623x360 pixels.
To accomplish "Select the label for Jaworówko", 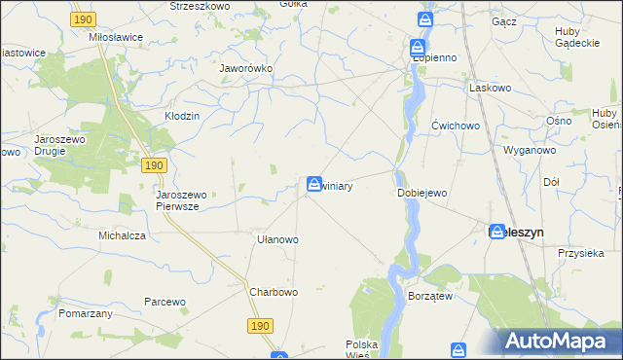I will pos(246,69).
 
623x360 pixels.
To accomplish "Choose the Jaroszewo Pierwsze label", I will pos(178,200).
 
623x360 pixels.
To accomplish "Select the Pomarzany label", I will pos(86,314).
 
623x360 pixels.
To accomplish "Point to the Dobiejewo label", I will pos(422,193).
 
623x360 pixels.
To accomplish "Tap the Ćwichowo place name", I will pos(456,126).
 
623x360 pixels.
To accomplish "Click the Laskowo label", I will pos(491,87).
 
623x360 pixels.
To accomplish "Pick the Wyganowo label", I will pos(529,151).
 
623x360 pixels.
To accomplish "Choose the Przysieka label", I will pos(582,251).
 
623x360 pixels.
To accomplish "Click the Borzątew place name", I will pos(433,294).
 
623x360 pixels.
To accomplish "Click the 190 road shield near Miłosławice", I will pos(83,19).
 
